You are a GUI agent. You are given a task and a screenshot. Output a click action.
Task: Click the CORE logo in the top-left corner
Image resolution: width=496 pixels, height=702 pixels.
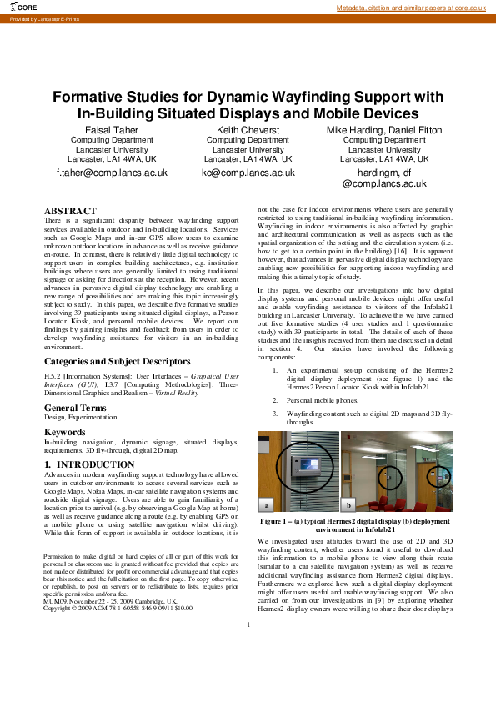click(x=20, y=7)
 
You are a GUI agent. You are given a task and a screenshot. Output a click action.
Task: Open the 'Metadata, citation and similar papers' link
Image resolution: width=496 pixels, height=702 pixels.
click(x=410, y=8)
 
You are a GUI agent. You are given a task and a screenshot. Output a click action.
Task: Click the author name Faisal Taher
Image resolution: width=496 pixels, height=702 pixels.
click(x=112, y=131)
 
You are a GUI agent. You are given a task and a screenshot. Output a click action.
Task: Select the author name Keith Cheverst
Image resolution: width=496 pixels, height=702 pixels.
click(x=248, y=131)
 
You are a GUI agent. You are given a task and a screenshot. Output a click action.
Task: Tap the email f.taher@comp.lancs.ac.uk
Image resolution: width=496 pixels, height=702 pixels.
click(x=112, y=173)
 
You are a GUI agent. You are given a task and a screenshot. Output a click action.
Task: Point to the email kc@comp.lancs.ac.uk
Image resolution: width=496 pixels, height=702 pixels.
click(x=248, y=173)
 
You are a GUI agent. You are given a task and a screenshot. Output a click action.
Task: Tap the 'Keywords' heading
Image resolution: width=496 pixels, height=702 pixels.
click(x=64, y=433)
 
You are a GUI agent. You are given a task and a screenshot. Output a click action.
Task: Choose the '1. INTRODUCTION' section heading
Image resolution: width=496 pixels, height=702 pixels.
click(x=83, y=463)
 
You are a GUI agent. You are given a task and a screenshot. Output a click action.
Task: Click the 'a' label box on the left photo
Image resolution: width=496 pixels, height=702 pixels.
click(x=267, y=505)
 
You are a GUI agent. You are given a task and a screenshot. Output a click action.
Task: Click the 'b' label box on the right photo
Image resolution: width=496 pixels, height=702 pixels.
click(x=348, y=505)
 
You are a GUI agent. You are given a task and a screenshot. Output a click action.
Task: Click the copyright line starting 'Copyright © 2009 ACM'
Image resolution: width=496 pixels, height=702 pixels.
click(x=118, y=609)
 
